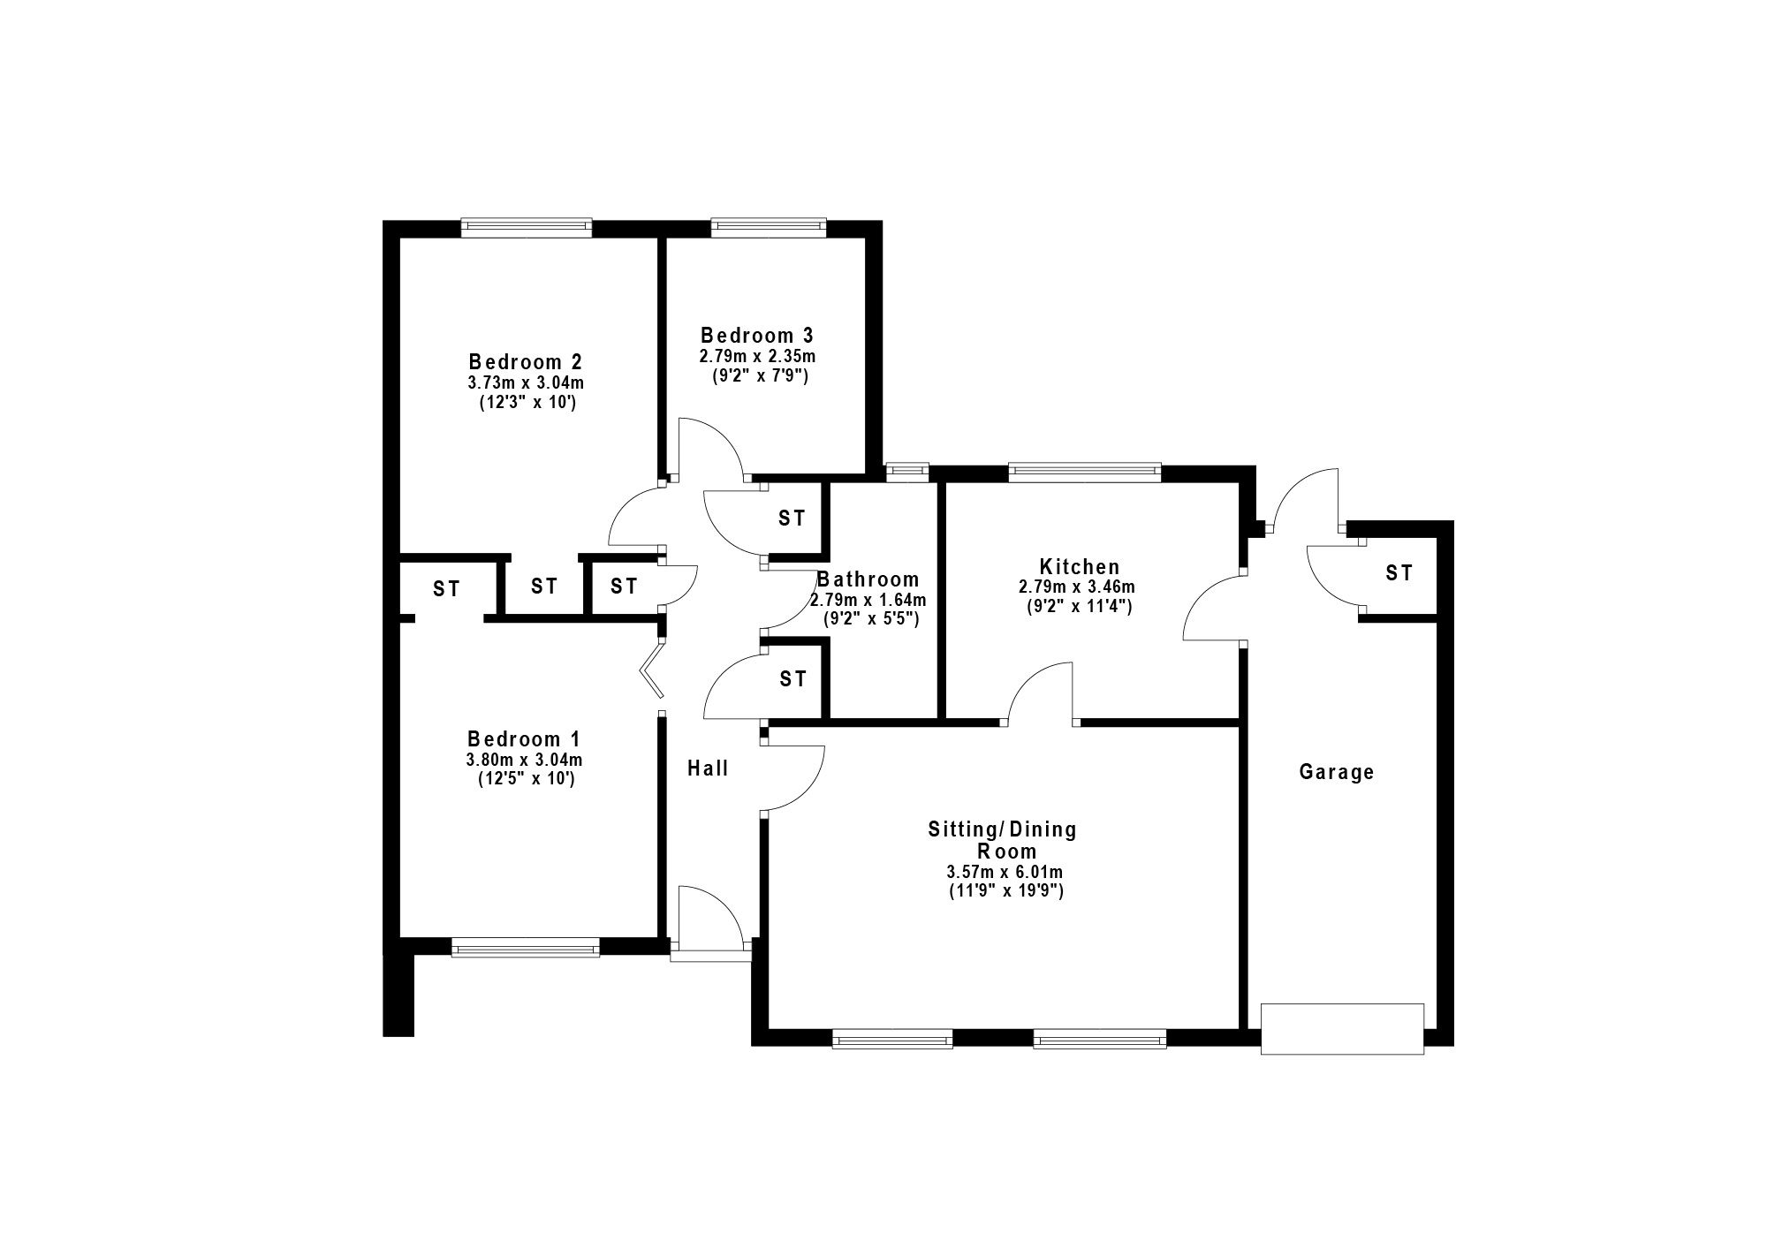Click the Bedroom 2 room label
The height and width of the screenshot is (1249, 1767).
pos(525,362)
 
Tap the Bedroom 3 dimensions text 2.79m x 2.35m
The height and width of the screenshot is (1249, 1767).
pos(757,357)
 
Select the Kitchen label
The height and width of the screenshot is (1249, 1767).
pos(1080,567)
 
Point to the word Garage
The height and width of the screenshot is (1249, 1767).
pos(1336,772)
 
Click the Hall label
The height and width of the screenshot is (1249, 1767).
pos(709,768)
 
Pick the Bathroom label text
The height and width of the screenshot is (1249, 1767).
pos(868,579)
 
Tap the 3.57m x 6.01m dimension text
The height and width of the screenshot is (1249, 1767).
pos(1005,873)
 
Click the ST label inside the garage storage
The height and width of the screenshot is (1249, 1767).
pos(1399,573)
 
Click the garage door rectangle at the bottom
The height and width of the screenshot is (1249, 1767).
pos(1342,1028)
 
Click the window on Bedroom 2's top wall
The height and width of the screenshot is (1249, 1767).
pos(527,228)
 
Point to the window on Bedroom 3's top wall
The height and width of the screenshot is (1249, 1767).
pos(769,228)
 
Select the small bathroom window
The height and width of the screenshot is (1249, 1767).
pos(908,472)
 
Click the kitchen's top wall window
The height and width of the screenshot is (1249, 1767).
pos(1085,472)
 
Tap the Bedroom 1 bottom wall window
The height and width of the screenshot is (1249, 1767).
pos(526,947)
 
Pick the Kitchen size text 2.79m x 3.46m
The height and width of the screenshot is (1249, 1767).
pos(1078,587)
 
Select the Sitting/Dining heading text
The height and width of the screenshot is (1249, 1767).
pos(1003,830)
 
